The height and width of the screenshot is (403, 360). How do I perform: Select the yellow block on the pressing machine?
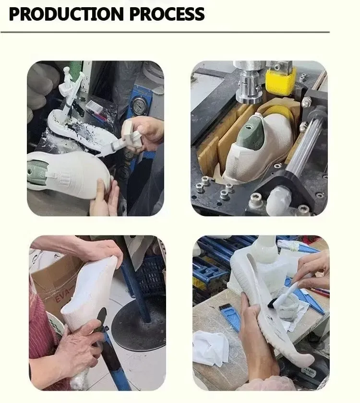(x=280, y=80)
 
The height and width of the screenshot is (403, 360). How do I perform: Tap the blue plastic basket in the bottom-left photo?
(x=149, y=275)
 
